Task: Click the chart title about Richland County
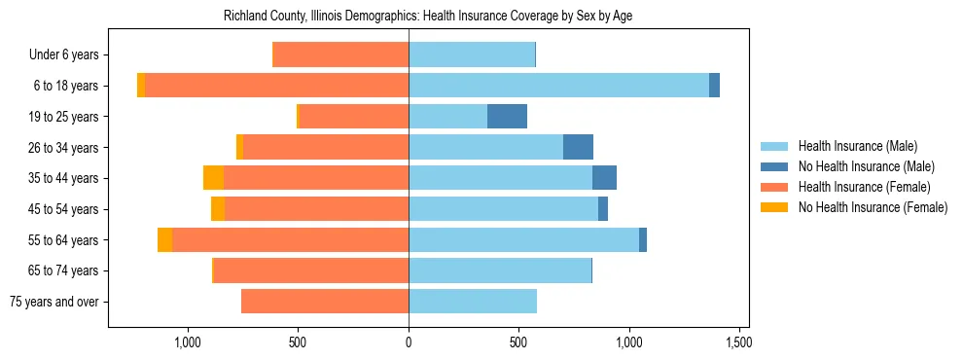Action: click(x=428, y=17)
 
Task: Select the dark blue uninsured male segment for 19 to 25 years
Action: click(x=507, y=117)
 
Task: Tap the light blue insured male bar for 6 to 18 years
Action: click(x=558, y=86)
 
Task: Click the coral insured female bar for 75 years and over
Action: click(x=325, y=302)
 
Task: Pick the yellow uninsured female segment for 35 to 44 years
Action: click(x=213, y=178)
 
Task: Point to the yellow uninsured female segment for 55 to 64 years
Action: click(x=164, y=240)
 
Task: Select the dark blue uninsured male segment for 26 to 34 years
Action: click(x=578, y=148)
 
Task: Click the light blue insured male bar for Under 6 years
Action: click(x=472, y=54)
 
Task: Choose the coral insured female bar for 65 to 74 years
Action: click(x=311, y=270)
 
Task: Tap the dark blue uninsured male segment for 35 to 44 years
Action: click(x=604, y=178)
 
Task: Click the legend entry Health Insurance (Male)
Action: click(x=857, y=146)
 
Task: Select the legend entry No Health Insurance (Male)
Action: click(x=866, y=166)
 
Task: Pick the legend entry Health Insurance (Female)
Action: click(x=864, y=187)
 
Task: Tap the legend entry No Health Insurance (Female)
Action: click(x=872, y=207)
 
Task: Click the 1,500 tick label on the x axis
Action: click(x=739, y=342)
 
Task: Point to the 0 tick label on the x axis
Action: click(x=409, y=342)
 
